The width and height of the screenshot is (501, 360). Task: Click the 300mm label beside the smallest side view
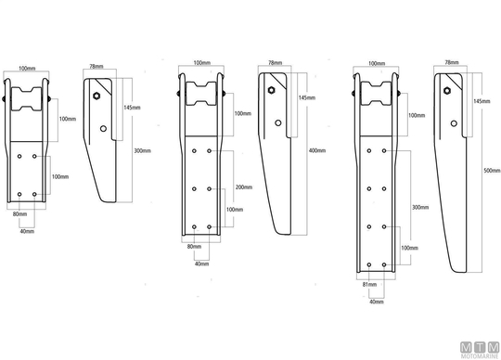pos(142,150)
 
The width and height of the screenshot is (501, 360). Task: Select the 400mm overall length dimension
pos(317,150)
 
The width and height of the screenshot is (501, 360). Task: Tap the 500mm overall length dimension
pos(492,171)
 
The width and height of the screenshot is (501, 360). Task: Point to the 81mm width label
pos(369,284)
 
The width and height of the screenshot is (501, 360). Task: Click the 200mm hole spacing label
pos(244,187)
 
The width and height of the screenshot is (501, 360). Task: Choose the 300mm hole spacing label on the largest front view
pos(420,207)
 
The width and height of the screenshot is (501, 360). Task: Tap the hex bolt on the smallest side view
pos(96,96)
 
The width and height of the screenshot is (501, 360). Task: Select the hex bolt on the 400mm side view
pos(272,90)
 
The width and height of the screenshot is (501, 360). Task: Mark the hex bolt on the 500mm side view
pos(447,91)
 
